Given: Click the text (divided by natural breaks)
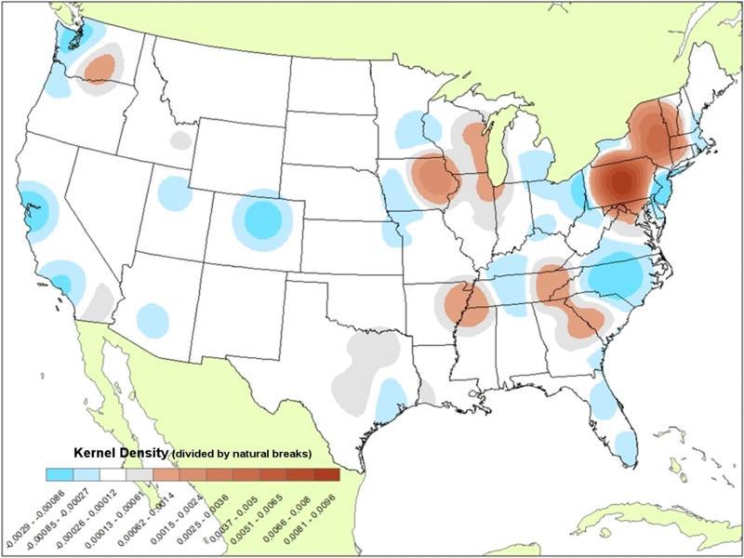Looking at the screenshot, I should tap(239, 454).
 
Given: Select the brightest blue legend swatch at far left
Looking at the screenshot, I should tap(60, 474).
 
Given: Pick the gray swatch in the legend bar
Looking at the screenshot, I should tap(140, 474).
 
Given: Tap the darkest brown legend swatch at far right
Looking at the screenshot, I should tap(326, 474).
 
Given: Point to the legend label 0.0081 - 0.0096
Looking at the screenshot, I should tap(304, 507).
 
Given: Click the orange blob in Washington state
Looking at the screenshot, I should tap(100, 67).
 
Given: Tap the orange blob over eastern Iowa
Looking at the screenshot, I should tap(433, 175).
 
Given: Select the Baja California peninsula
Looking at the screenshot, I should tap(126, 391).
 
